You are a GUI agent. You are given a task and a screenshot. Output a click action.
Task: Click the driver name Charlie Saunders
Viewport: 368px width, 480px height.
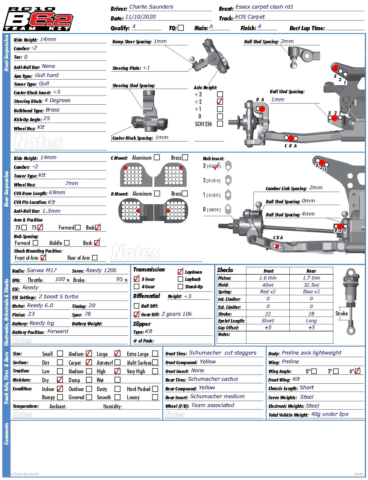click(x=151, y=7)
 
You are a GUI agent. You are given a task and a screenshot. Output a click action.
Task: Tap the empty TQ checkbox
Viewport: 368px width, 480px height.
click(x=181, y=28)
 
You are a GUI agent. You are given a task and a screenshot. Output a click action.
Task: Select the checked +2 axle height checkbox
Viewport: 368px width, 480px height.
click(x=220, y=102)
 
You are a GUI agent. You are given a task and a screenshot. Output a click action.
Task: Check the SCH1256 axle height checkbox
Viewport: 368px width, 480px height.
click(x=220, y=124)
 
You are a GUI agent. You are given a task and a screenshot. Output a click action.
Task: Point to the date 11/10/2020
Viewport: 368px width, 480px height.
click(x=140, y=17)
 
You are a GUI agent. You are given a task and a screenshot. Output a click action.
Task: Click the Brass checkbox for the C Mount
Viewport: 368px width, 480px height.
click(x=185, y=157)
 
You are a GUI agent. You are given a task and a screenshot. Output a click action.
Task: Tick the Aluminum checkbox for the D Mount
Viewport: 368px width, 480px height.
click(x=157, y=194)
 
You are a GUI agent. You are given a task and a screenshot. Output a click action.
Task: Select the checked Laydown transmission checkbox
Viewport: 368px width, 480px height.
click(x=180, y=272)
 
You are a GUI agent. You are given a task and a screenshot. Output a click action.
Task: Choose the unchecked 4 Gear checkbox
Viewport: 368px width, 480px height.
click(x=137, y=287)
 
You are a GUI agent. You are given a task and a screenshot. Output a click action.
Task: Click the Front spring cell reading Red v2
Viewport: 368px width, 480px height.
click(x=268, y=292)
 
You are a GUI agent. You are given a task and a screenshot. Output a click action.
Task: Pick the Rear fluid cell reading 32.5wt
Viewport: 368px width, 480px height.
click(x=311, y=285)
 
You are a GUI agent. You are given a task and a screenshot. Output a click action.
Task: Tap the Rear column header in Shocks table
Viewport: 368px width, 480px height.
click(x=311, y=271)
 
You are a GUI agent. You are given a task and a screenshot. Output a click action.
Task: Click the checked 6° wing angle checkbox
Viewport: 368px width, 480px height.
click(x=358, y=371)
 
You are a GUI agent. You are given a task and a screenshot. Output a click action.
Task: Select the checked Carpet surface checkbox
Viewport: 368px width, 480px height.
click(x=89, y=362)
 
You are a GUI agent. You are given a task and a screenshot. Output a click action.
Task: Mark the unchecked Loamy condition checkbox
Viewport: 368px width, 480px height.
click(x=155, y=397)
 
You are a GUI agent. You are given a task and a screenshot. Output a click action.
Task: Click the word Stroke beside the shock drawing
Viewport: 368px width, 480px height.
click(x=342, y=313)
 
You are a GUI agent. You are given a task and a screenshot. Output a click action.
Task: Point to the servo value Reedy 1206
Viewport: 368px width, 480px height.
click(x=101, y=270)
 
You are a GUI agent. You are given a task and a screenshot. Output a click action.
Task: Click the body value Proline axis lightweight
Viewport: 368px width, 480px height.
click(x=311, y=353)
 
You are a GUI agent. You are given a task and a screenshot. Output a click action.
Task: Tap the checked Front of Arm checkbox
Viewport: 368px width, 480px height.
click(x=44, y=258)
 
